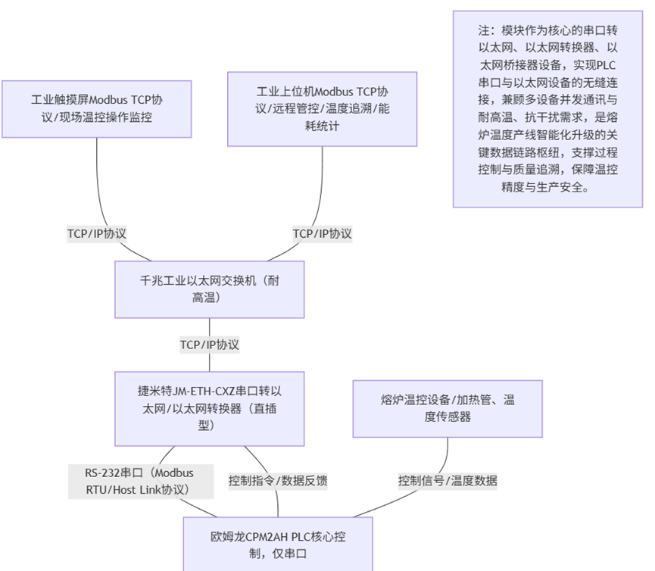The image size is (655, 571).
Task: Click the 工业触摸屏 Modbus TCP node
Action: (96, 108)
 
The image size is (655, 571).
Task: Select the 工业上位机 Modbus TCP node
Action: (322, 108)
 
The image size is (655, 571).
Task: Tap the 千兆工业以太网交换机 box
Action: (210, 289)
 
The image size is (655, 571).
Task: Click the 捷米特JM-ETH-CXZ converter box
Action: (210, 407)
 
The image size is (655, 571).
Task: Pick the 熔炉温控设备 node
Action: (448, 408)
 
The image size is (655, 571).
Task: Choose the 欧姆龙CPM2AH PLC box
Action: (277, 544)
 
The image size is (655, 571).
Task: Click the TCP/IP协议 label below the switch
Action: (210, 345)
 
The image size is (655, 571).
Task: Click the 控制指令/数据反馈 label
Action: (278, 481)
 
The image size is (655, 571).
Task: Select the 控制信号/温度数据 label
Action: (448, 481)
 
